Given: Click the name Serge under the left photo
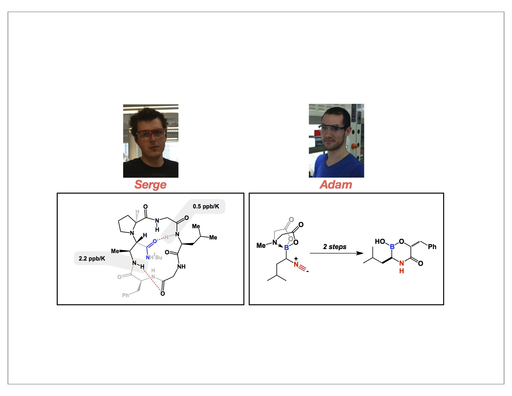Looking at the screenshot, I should [x=150, y=184].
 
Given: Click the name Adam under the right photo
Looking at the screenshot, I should [x=336, y=184].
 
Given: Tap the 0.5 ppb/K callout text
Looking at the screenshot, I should [x=206, y=207].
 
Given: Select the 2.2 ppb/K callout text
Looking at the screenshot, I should [x=92, y=258].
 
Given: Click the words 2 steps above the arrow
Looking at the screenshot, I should [x=335, y=247].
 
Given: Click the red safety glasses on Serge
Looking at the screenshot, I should [x=151, y=134].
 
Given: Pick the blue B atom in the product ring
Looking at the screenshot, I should [x=392, y=247].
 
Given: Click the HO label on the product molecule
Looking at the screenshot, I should [x=380, y=241].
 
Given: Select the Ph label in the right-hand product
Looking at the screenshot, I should [x=432, y=247].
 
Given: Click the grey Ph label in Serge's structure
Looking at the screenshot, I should [x=125, y=295].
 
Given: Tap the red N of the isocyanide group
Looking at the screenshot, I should [x=296, y=265].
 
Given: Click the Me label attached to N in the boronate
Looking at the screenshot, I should [x=261, y=245].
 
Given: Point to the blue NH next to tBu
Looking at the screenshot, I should [x=150, y=257].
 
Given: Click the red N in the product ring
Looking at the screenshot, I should [x=402, y=263].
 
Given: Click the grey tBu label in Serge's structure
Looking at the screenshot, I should [x=158, y=257].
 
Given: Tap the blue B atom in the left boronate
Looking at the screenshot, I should [x=286, y=248].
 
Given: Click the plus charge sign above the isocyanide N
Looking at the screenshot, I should [x=296, y=258].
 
